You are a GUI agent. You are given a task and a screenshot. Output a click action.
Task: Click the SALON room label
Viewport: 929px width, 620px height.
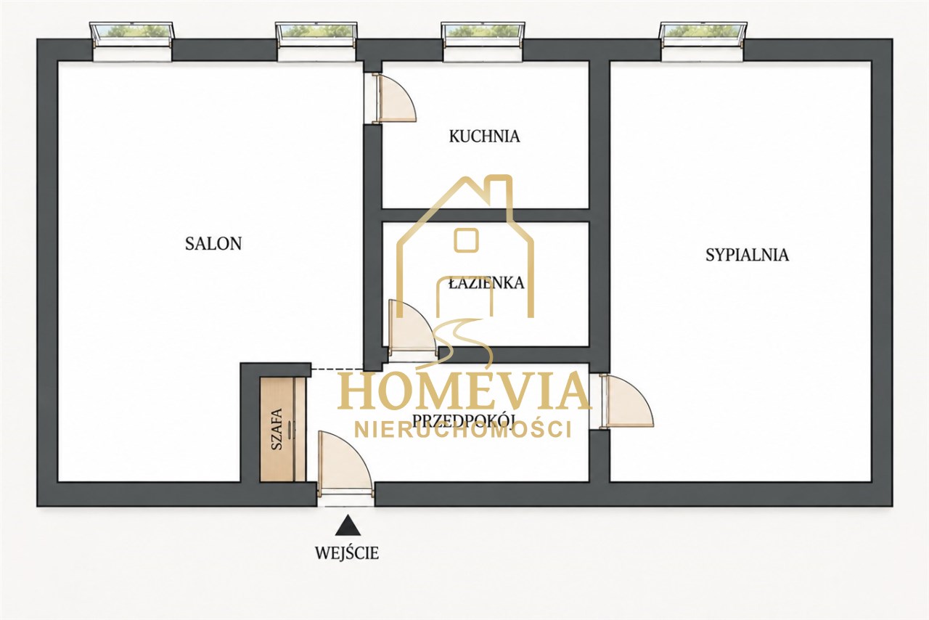click(213, 244)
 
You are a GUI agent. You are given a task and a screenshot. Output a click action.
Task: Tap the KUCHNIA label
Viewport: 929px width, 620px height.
click(484, 136)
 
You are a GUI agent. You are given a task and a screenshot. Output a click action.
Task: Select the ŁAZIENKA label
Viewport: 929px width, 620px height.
click(486, 283)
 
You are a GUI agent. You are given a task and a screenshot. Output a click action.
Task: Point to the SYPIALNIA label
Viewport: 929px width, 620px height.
click(748, 255)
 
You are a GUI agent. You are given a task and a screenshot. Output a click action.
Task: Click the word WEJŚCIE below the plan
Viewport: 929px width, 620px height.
click(347, 553)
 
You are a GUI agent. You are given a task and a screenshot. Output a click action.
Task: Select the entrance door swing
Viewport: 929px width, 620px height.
click(345, 464)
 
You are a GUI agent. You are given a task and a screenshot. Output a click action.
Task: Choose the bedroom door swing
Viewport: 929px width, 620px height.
click(626, 401)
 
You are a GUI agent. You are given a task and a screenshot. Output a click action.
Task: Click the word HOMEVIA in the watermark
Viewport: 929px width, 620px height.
click(464, 390)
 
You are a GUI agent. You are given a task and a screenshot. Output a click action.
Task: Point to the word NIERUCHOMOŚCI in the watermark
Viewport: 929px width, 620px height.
click(463, 430)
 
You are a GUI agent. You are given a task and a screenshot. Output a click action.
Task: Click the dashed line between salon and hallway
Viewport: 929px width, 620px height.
click(337, 369)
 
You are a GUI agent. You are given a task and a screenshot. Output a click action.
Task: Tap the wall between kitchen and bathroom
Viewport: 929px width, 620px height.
click(486, 216)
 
